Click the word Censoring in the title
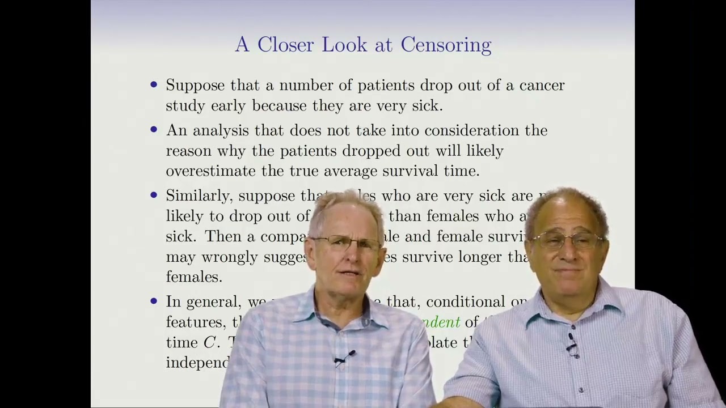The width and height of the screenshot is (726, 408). pos(446,45)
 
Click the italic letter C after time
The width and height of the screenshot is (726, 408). pos(209,343)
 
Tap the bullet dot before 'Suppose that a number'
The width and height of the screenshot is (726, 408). pos(154,85)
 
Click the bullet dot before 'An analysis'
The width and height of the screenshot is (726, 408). pos(154,130)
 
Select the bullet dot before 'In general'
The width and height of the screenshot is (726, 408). pos(154,301)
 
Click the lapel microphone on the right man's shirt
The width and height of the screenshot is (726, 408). pos(572,346)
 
